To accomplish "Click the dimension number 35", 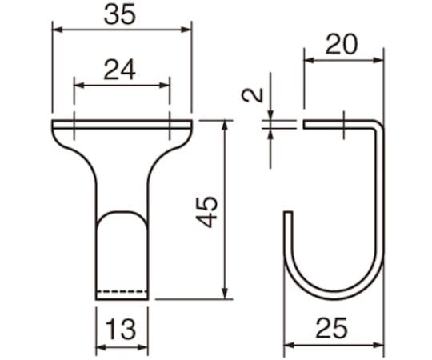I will (123, 14).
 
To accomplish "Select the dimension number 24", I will (122, 70).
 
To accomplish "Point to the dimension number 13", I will (122, 328).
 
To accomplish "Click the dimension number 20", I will (343, 45).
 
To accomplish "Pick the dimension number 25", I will (336, 329).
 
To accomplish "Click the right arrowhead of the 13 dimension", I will (146, 348).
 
